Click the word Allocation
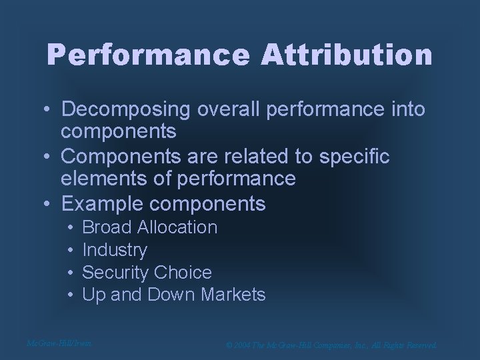177,227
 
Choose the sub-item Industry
115,250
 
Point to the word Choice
182,272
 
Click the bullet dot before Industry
70,251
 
